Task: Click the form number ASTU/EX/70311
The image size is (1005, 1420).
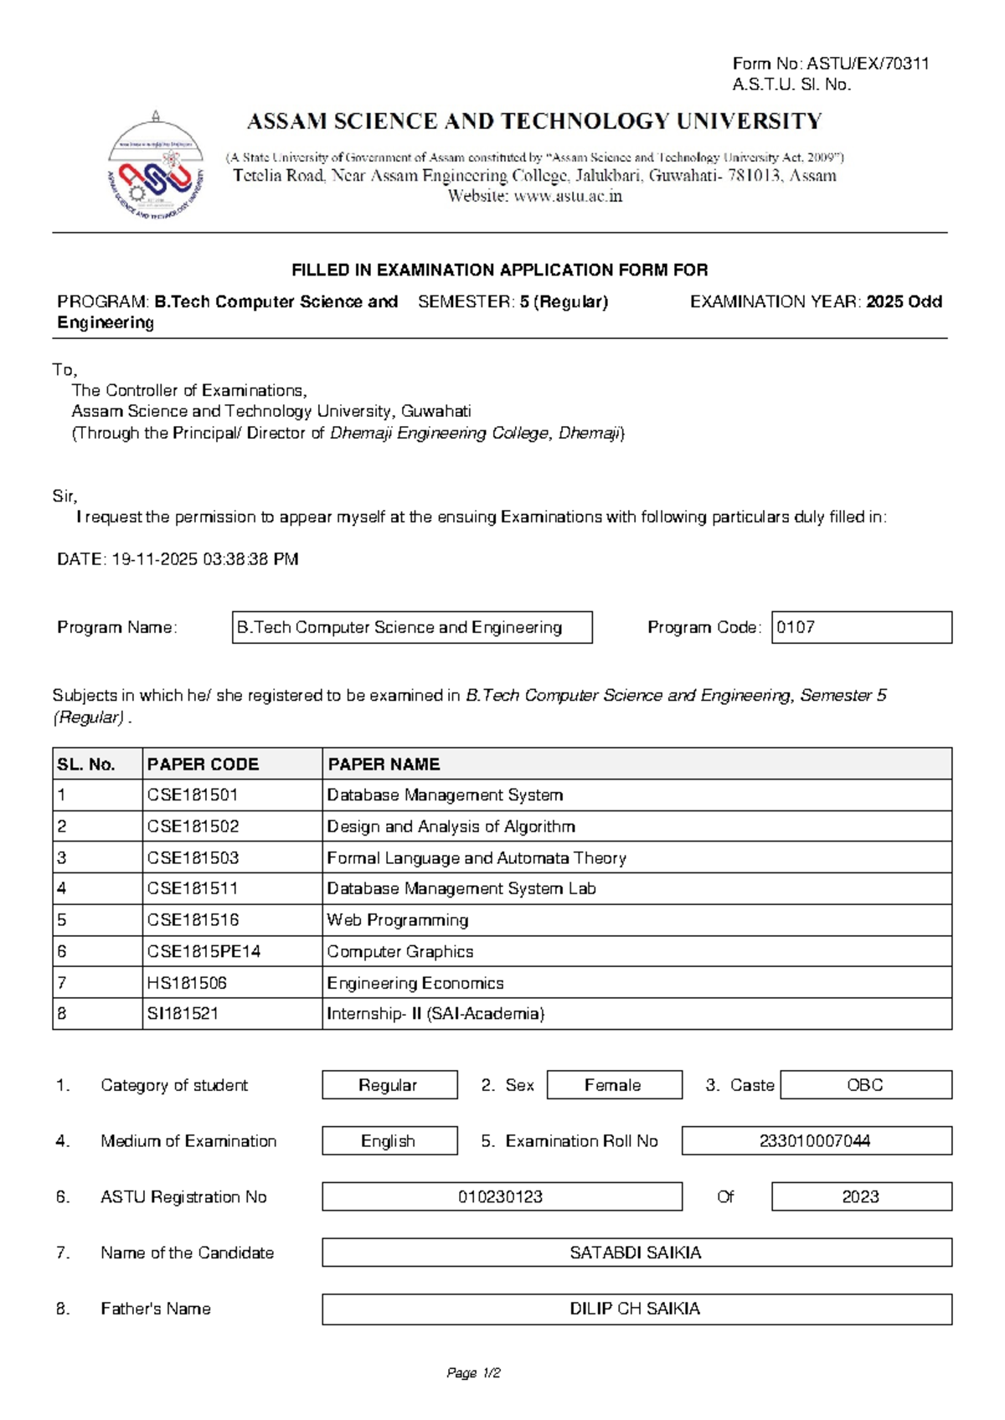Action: pyautogui.click(x=867, y=64)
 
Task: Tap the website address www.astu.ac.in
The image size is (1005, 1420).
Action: pyautogui.click(x=568, y=197)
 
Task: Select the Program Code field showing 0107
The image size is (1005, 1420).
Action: pyautogui.click(x=861, y=627)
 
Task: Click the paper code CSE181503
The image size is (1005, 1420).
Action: pyautogui.click(x=193, y=857)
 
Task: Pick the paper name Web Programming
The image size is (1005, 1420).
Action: pyautogui.click(x=398, y=920)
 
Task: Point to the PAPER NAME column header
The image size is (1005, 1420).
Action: pyautogui.click(x=384, y=764)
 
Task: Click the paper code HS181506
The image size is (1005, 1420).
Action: pyautogui.click(x=188, y=983)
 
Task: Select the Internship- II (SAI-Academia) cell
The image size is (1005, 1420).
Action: pyautogui.click(x=435, y=1014)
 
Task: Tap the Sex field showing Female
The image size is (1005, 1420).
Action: pyautogui.click(x=614, y=1085)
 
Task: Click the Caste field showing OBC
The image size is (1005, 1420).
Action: pyautogui.click(x=865, y=1085)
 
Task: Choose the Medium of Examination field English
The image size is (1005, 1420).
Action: pyautogui.click(x=389, y=1141)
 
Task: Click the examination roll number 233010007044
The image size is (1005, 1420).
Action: pyautogui.click(x=816, y=1141)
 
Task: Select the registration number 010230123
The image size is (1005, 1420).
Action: pyautogui.click(x=501, y=1197)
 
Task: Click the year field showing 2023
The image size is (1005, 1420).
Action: pyautogui.click(x=861, y=1197)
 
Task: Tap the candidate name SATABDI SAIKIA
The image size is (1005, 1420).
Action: pyautogui.click(x=636, y=1253)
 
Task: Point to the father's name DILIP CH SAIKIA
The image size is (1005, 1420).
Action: pyautogui.click(x=636, y=1309)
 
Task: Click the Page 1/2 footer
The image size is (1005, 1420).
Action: pyautogui.click(x=474, y=1373)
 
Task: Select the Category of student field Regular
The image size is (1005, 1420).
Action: pyautogui.click(x=389, y=1085)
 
